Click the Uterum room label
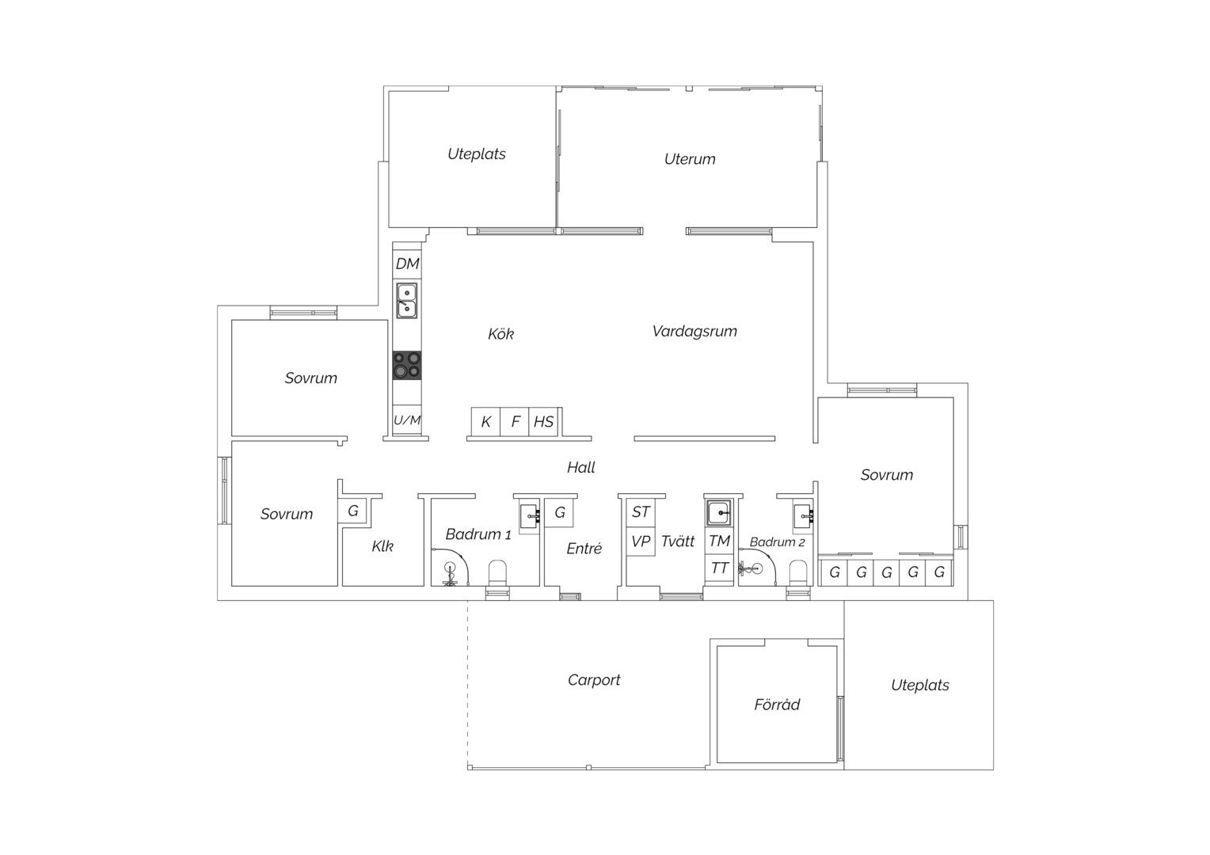(x=689, y=159)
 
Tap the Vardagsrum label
(x=694, y=331)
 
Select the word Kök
(x=500, y=334)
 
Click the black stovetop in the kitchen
(x=407, y=365)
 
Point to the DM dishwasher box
(x=407, y=264)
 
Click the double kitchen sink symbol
(x=407, y=300)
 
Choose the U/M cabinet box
(x=407, y=420)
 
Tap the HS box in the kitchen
(x=543, y=422)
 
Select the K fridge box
(x=485, y=422)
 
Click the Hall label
(x=580, y=467)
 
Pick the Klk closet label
(x=382, y=546)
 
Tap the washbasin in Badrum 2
(x=803, y=515)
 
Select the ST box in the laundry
(x=641, y=512)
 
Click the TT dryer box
(x=719, y=568)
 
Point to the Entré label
(x=584, y=548)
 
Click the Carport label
(x=594, y=680)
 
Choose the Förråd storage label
(x=777, y=705)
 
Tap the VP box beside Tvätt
(x=641, y=541)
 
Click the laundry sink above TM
(x=719, y=512)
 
